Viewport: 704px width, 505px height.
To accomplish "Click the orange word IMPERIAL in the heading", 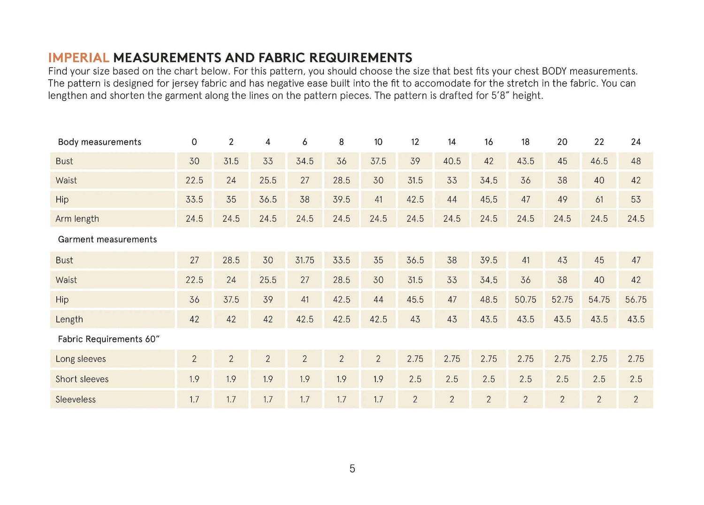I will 78,58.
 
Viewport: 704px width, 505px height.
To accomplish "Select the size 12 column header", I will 415,142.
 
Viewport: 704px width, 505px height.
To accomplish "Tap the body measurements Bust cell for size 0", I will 194,161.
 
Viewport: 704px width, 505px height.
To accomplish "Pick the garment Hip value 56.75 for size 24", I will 635,299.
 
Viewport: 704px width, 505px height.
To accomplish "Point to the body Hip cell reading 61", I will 599,199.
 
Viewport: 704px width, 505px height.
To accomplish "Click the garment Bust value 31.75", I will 305,260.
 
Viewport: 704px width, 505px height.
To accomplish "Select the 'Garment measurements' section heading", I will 107,239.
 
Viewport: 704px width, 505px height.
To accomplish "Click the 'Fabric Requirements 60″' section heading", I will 108,339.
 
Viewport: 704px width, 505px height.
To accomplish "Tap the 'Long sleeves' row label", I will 81,359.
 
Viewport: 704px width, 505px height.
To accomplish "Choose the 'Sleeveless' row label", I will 76,399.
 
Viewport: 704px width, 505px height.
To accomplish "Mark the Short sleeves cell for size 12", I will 415,379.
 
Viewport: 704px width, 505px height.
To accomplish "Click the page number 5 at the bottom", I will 352,468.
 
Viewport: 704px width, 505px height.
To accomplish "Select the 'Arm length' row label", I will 77,219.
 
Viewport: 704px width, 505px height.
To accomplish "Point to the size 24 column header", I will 635,142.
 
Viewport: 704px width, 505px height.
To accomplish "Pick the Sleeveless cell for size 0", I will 194,399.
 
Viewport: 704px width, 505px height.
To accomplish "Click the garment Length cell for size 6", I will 305,319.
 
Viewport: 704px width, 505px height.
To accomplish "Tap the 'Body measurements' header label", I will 99,142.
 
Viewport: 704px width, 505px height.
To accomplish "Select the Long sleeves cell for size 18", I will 525,359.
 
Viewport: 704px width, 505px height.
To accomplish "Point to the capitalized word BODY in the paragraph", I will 554,71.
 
